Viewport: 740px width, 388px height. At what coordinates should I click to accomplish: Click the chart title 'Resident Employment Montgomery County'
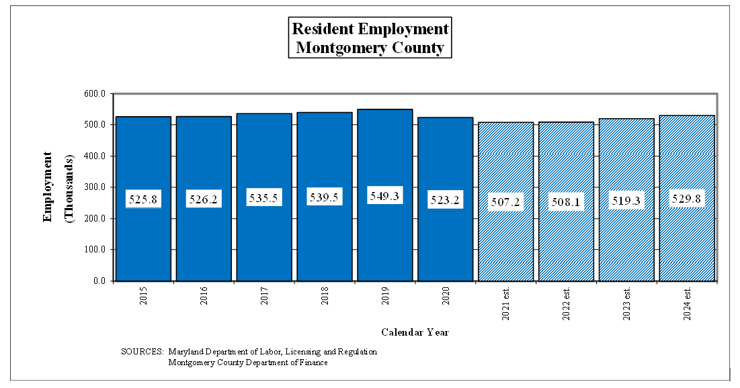coord(370,38)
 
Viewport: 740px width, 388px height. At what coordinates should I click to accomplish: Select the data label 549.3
coord(384,197)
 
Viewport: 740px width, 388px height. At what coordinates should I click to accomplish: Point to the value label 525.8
coord(143,199)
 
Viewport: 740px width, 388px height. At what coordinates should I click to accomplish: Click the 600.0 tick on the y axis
coord(95,94)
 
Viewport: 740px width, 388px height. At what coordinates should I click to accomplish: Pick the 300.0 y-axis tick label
coord(95,187)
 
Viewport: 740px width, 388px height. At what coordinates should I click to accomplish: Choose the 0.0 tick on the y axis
coord(99,281)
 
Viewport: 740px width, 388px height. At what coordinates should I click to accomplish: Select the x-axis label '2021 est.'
coord(505,303)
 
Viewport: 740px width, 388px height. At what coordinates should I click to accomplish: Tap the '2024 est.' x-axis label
coord(687,303)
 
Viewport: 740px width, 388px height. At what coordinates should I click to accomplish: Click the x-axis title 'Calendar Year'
coord(415,332)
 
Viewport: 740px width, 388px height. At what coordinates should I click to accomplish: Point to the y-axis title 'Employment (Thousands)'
coord(57,187)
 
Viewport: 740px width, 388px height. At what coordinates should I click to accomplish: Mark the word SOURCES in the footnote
coord(142,352)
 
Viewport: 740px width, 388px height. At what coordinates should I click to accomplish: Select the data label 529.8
coord(687,199)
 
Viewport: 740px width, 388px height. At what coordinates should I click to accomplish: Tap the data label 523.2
coord(445,199)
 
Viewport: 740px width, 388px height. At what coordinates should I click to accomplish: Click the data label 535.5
coord(264,199)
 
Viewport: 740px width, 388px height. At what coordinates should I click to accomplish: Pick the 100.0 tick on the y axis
coord(95,250)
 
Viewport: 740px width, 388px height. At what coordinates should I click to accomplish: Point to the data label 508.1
coord(566,202)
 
